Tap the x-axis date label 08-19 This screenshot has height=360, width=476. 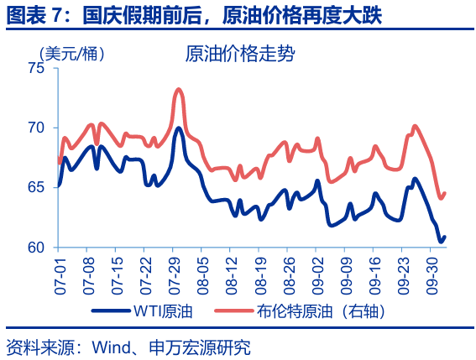pos(259,272)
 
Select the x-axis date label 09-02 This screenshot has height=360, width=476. pos(316,272)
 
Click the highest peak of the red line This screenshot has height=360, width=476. pos(179,89)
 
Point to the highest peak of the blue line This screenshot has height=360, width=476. pos(179,128)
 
